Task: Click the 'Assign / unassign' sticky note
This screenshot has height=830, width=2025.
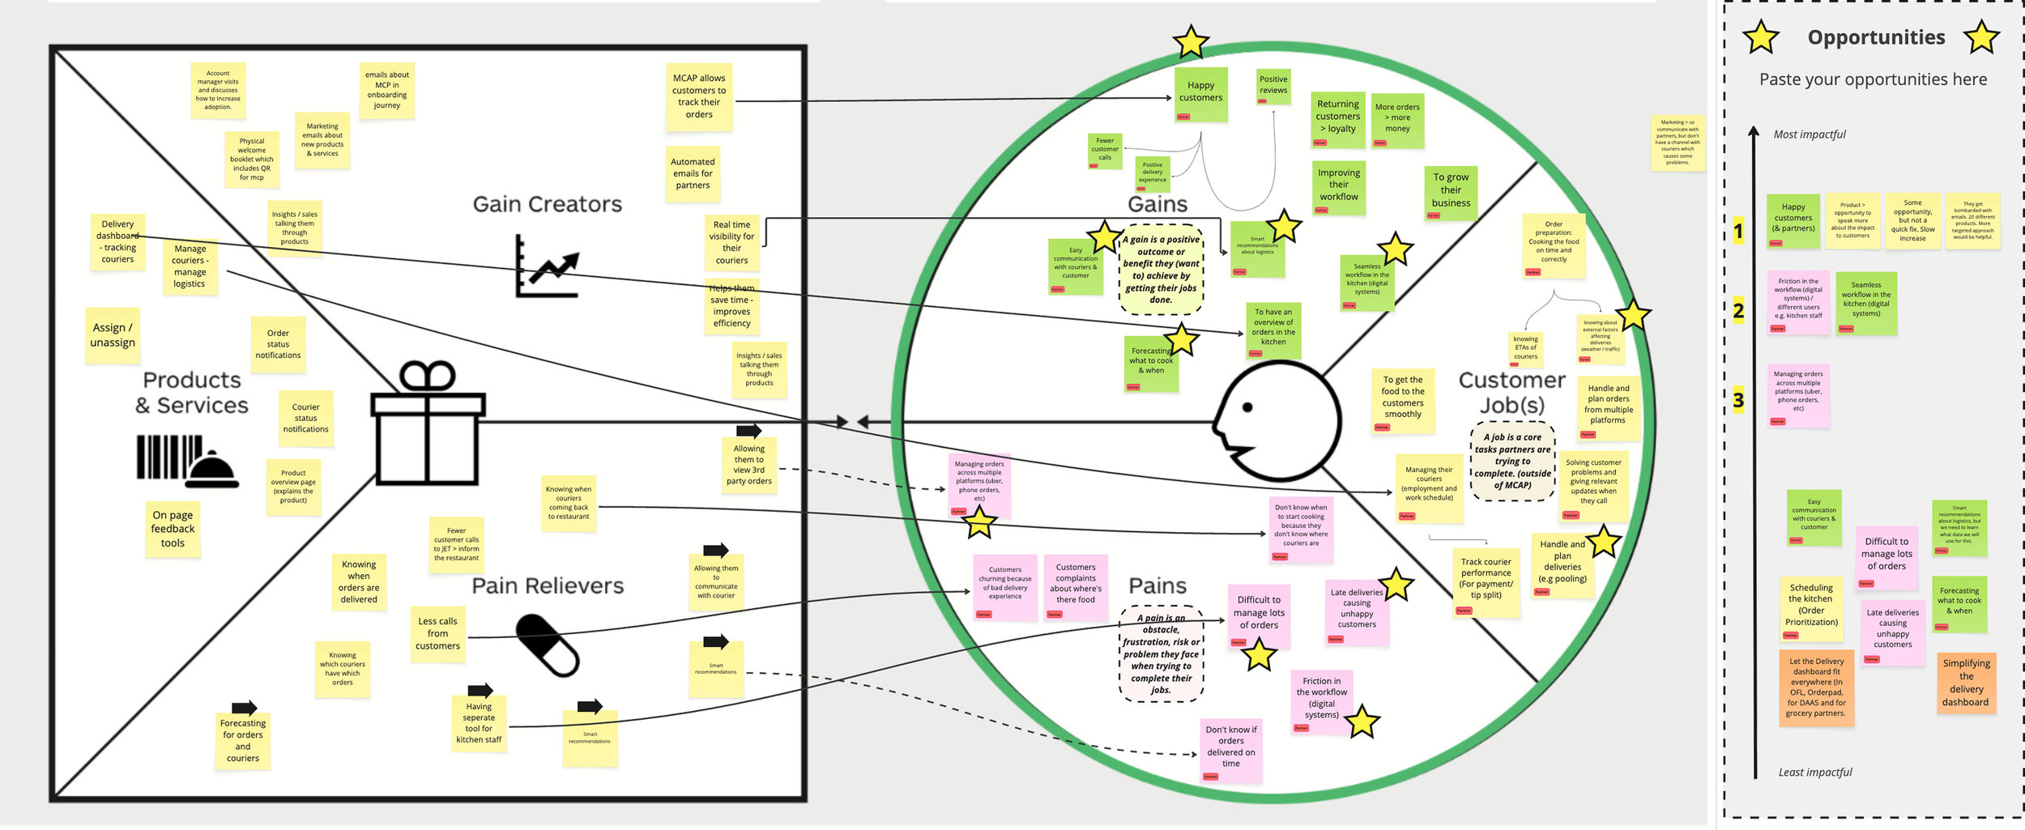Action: pyautogui.click(x=113, y=335)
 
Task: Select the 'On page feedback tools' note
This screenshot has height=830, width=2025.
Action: pyautogui.click(x=173, y=529)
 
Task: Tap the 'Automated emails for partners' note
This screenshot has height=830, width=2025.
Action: pyautogui.click(x=693, y=173)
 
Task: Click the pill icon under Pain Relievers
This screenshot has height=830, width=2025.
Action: pyautogui.click(x=548, y=645)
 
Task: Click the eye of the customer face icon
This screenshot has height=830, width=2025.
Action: pyautogui.click(x=1248, y=407)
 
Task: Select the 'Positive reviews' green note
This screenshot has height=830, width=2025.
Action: pyautogui.click(x=1273, y=86)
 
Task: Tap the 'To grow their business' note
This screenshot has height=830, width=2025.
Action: pyautogui.click(x=1451, y=191)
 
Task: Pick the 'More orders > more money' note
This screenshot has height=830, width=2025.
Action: pyautogui.click(x=1397, y=118)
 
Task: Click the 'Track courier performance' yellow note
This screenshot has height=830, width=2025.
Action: pyautogui.click(x=1486, y=579)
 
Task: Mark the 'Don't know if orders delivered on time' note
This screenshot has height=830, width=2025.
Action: pyautogui.click(x=1231, y=747)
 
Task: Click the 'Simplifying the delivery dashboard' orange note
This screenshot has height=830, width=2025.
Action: pyautogui.click(x=1966, y=683)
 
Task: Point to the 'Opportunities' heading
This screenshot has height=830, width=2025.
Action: pyautogui.click(x=1876, y=37)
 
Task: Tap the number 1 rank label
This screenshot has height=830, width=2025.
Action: pyautogui.click(x=1738, y=232)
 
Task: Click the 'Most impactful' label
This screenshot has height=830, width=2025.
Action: pyautogui.click(x=1810, y=134)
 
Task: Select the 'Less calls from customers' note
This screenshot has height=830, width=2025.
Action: pyautogui.click(x=437, y=634)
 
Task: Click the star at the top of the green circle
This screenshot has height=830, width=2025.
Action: pyautogui.click(x=1191, y=42)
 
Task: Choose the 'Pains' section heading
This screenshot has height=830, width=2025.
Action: pyautogui.click(x=1157, y=585)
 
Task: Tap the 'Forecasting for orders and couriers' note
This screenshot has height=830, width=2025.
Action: pyautogui.click(x=243, y=740)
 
